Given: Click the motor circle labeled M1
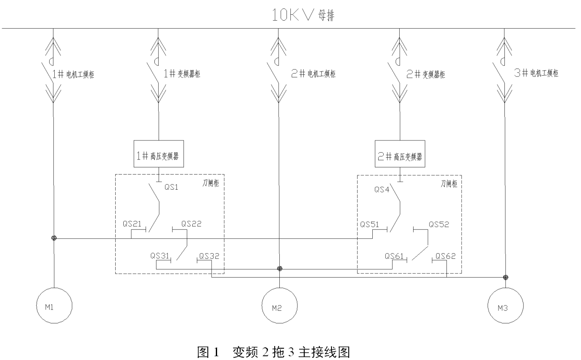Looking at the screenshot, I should click(x=53, y=306).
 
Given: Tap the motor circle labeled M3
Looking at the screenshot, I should click(x=505, y=306).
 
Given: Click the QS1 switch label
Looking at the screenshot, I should click(x=172, y=188).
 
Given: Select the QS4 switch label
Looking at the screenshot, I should click(x=381, y=190).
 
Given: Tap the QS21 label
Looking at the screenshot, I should click(x=132, y=223).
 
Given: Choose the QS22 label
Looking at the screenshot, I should click(x=191, y=224).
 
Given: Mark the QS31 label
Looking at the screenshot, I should click(x=159, y=255).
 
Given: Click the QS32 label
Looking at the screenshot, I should click(x=209, y=255).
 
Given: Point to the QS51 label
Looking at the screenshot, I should click(x=369, y=224).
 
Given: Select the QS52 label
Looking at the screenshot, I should click(x=439, y=224).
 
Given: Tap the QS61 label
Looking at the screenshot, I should click(x=395, y=255).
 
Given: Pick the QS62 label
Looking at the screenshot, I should click(x=446, y=255).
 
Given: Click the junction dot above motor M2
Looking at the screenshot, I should click(x=279, y=269).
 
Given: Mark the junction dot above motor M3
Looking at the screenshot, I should click(x=505, y=277).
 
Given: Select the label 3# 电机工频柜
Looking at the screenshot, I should click(x=536, y=73).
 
